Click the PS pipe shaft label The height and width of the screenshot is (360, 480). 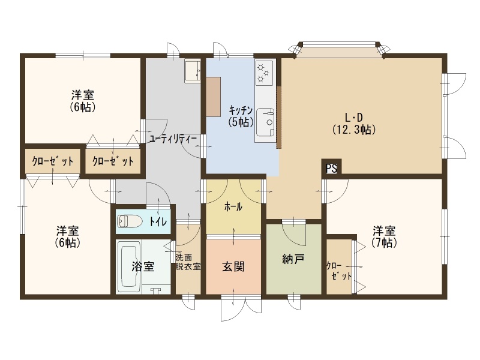click(x=331, y=169)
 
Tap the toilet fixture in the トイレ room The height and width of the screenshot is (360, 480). click(x=130, y=221)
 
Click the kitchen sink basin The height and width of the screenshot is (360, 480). click(x=266, y=122)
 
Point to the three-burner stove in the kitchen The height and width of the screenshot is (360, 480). click(x=265, y=72)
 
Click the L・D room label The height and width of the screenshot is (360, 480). click(x=354, y=117)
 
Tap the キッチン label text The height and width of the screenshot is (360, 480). click(x=241, y=110)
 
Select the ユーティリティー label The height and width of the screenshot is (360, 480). click(x=173, y=139)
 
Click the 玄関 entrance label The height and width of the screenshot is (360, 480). click(x=233, y=266)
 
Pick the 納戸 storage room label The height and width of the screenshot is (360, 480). click(x=293, y=259)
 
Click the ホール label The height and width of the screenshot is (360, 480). click(x=233, y=207)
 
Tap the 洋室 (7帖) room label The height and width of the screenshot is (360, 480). click(x=384, y=236)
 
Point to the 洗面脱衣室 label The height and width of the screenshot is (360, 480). click(x=188, y=262)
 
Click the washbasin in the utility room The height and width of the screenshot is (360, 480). click(x=192, y=71)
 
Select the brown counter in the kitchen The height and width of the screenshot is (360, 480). click(x=214, y=97)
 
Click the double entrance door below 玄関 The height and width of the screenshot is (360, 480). click(x=242, y=308)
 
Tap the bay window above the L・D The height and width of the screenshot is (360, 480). click(x=340, y=49)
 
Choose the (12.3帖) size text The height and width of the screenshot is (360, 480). click(x=354, y=130)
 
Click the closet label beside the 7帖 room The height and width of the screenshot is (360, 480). click(x=338, y=271)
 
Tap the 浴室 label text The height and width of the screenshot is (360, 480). click(x=143, y=266)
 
